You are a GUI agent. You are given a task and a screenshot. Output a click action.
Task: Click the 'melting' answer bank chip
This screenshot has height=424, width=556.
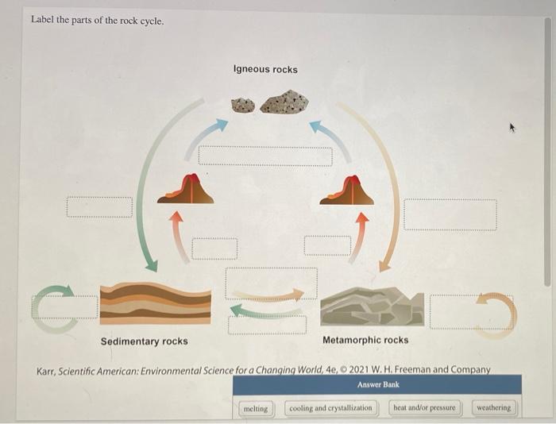coord(255,408)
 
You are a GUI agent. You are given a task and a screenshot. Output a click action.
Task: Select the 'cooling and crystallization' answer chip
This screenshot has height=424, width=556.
coord(330,408)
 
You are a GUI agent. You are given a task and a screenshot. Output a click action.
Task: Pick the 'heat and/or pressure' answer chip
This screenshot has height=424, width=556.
coord(425,408)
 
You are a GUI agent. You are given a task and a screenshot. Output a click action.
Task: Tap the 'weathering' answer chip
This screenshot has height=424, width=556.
coord(494,408)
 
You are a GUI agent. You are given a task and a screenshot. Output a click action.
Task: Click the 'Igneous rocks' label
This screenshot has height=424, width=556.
coord(265,70)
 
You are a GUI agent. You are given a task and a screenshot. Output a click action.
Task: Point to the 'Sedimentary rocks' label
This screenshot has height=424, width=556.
coord(145,341)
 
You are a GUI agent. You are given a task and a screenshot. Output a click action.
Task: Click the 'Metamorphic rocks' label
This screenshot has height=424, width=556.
coord(365,340)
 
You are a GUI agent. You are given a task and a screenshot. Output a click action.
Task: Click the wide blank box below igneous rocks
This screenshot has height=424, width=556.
coord(265,155)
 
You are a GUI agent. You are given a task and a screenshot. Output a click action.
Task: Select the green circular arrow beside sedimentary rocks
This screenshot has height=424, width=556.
coord(49,309)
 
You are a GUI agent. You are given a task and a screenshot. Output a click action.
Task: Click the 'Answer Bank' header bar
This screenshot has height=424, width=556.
coord(377,384)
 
